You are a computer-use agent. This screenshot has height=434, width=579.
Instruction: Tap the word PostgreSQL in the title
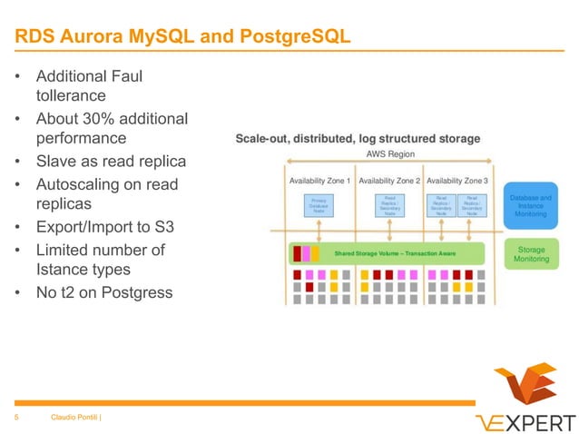292,37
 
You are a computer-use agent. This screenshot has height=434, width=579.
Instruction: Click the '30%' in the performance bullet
100,119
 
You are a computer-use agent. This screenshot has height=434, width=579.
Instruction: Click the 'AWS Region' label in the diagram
390,155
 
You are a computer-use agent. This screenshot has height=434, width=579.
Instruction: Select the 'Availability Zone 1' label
320,181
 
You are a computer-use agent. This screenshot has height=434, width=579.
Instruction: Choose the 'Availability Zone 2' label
389,181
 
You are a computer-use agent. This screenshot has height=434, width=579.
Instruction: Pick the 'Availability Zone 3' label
457,181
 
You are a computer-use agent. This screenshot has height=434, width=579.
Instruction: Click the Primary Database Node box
319,205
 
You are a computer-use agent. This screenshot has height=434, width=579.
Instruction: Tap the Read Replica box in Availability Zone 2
389,205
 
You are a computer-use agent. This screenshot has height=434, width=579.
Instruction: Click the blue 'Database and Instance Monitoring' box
530,206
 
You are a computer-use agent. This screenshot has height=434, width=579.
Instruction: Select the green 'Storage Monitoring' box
531,253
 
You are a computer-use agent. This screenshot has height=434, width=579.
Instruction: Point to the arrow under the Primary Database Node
319,229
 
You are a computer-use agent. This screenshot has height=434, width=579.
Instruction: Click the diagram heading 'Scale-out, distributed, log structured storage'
358,139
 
